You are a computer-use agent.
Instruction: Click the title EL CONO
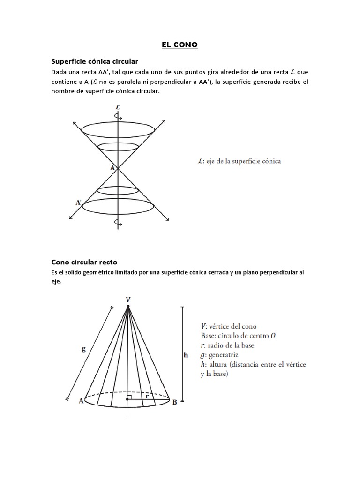180,45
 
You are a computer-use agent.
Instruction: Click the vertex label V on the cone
127,299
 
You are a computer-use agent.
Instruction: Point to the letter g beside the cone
83,348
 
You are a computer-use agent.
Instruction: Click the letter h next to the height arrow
186,355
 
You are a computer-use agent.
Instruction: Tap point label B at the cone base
174,401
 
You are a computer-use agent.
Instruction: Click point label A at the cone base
81,401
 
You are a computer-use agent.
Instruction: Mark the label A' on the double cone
79,202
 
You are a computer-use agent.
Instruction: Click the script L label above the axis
118,107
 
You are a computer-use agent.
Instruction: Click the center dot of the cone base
127,399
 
